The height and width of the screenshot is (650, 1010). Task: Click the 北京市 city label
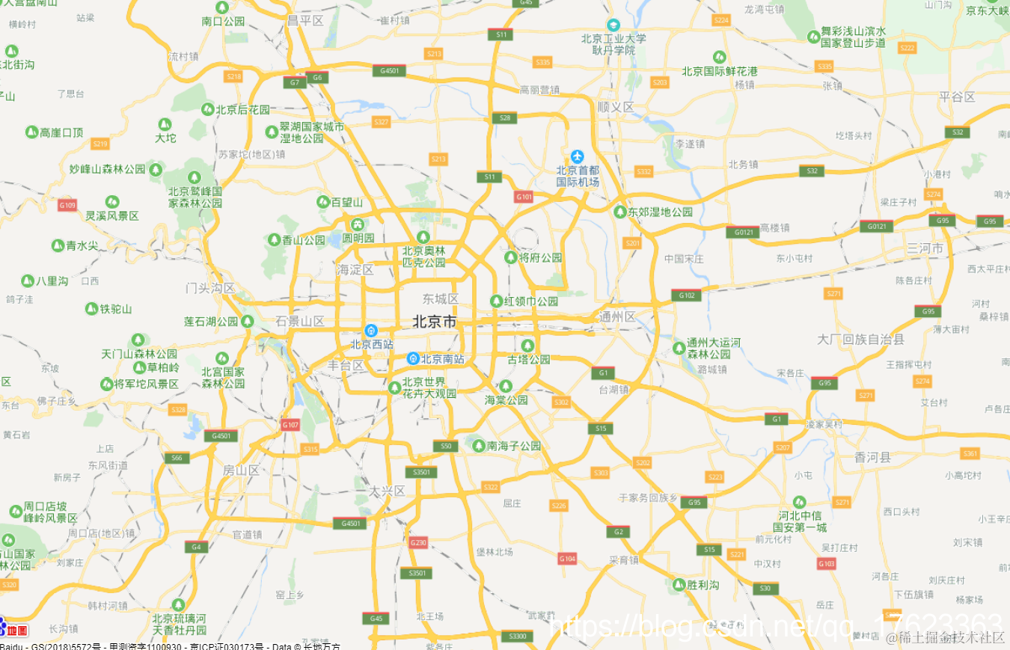(434, 322)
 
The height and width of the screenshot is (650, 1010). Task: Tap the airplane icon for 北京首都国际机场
(577, 156)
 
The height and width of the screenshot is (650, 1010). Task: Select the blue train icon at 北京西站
(370, 331)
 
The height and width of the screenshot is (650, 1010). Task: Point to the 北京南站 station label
(442, 359)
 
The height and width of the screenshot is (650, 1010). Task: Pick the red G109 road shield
(67, 205)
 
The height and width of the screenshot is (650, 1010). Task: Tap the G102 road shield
(686, 295)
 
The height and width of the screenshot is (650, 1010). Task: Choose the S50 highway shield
(445, 446)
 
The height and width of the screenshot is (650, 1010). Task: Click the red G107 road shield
(290, 425)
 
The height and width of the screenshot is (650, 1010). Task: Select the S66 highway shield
(177, 458)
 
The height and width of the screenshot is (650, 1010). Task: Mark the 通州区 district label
(617, 317)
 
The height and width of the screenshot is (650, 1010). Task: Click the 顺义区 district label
(616, 107)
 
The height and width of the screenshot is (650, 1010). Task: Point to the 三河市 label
(925, 248)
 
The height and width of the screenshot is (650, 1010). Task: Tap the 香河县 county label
(872, 457)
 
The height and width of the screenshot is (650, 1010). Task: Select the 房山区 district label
(241, 470)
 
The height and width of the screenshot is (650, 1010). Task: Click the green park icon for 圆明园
(358, 224)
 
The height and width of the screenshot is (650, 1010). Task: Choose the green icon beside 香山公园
(274, 240)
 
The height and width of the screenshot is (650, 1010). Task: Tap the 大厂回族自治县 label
(860, 340)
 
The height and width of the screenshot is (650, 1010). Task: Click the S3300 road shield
(517, 636)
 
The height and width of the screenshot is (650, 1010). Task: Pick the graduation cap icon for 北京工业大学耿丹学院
(613, 25)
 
